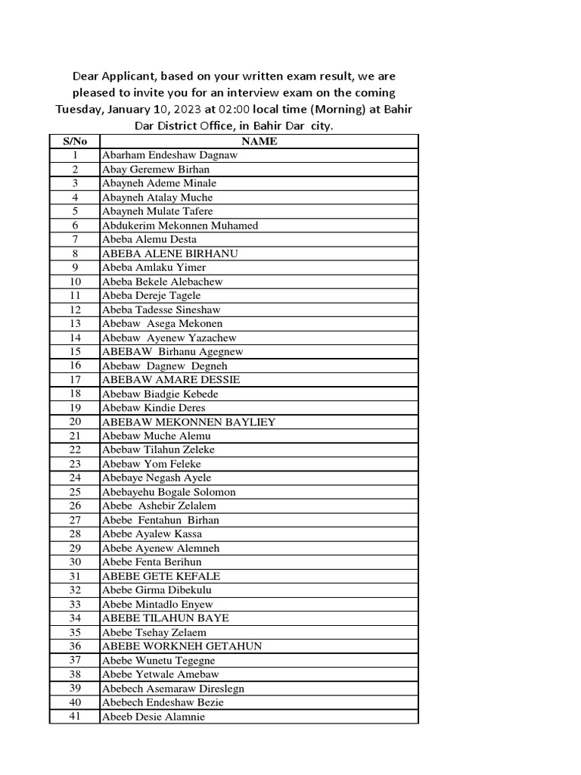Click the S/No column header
(75, 141)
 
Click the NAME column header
(259, 141)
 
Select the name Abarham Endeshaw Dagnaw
(169, 155)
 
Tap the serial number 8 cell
(75, 254)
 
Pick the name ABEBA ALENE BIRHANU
(169, 254)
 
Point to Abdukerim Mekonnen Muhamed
(180, 226)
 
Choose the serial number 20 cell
(75, 422)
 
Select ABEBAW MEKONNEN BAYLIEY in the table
(188, 422)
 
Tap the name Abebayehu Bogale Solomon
(169, 492)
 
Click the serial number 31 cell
(75, 576)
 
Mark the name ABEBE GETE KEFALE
(161, 576)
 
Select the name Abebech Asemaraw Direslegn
(172, 689)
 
